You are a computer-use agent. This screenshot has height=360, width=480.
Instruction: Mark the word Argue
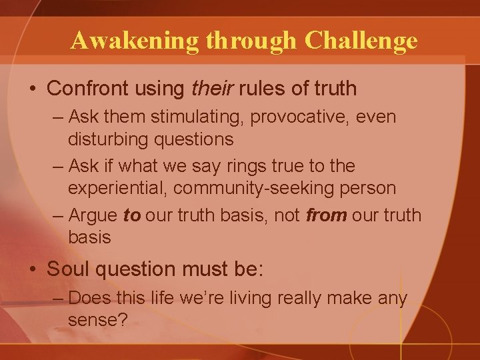click(93, 215)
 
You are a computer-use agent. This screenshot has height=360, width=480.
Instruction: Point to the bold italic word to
click(132, 215)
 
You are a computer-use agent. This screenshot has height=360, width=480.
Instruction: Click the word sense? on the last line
click(98, 319)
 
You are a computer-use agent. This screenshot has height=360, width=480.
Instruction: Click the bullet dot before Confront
click(32, 87)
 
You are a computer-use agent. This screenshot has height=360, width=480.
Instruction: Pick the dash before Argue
click(57, 215)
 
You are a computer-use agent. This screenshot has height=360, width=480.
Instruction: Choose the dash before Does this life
click(57, 297)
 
